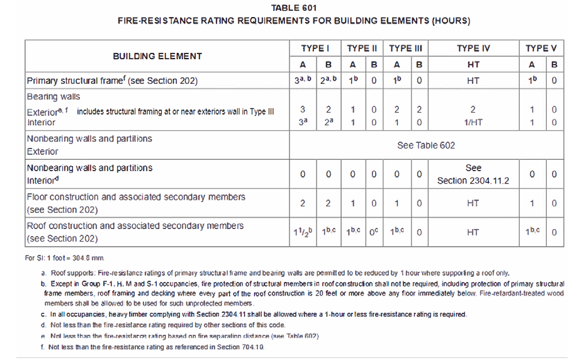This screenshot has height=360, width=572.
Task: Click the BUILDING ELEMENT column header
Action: pyautogui.click(x=157, y=56)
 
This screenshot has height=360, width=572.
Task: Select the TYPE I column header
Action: pyautogui.click(x=315, y=48)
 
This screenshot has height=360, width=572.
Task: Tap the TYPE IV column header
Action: pyautogui.click(x=473, y=48)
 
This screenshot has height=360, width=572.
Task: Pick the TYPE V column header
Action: pyautogui.click(x=541, y=48)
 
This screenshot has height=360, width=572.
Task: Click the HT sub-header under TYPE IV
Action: pyautogui.click(x=473, y=64)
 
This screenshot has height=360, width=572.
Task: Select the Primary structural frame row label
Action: pyautogui.click(x=112, y=81)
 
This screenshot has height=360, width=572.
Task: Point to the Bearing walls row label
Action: pyautogui.click(x=53, y=97)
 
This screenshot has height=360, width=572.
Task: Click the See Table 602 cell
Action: pyautogui.click(x=426, y=145)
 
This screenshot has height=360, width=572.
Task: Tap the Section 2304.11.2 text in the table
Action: pyautogui.click(x=473, y=181)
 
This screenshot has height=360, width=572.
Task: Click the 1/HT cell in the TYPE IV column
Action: pyautogui.click(x=473, y=123)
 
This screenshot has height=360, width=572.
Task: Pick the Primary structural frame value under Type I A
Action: pyautogui.click(x=302, y=81)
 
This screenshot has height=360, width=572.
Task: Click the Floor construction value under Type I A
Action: pyautogui.click(x=302, y=203)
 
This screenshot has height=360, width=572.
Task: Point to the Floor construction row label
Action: pyautogui.click(x=135, y=197)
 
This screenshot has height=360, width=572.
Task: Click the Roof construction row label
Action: pyautogui.click(x=135, y=226)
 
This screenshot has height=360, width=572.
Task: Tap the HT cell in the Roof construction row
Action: pyautogui.click(x=473, y=232)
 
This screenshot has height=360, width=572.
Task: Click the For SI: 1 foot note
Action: pyautogui.click(x=64, y=257)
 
